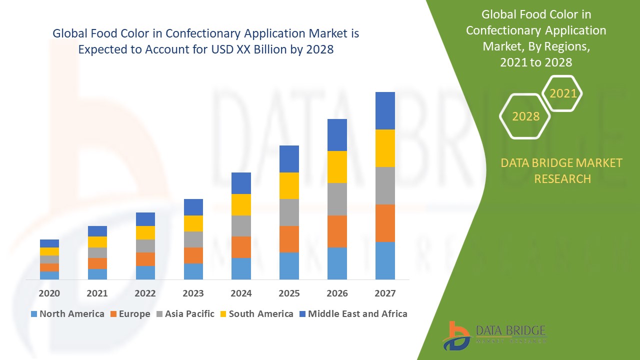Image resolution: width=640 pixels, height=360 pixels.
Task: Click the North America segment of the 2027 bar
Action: (385, 260)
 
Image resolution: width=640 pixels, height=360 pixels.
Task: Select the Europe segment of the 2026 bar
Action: (337, 231)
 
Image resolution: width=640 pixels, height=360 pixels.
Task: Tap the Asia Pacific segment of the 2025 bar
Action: (289, 212)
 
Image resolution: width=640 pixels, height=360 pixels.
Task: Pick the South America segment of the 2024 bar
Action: (241, 204)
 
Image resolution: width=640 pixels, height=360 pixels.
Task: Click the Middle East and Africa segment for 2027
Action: (385, 110)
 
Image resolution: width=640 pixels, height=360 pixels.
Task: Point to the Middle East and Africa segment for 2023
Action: (193, 207)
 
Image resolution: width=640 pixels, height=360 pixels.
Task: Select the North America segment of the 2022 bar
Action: (145, 272)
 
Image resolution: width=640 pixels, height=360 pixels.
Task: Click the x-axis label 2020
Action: (49, 293)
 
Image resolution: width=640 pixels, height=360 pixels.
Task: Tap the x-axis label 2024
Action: (241, 293)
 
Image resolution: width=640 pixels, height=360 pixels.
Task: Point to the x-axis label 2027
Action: (385, 293)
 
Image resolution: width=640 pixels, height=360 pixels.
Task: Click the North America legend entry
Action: (67, 314)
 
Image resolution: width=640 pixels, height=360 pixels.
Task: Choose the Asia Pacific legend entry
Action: (184, 314)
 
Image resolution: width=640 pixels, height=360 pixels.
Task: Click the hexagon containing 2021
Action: (562, 93)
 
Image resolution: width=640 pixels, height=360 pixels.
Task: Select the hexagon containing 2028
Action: (525, 116)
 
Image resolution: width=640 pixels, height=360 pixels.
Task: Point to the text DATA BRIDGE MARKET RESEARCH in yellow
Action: (562, 170)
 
